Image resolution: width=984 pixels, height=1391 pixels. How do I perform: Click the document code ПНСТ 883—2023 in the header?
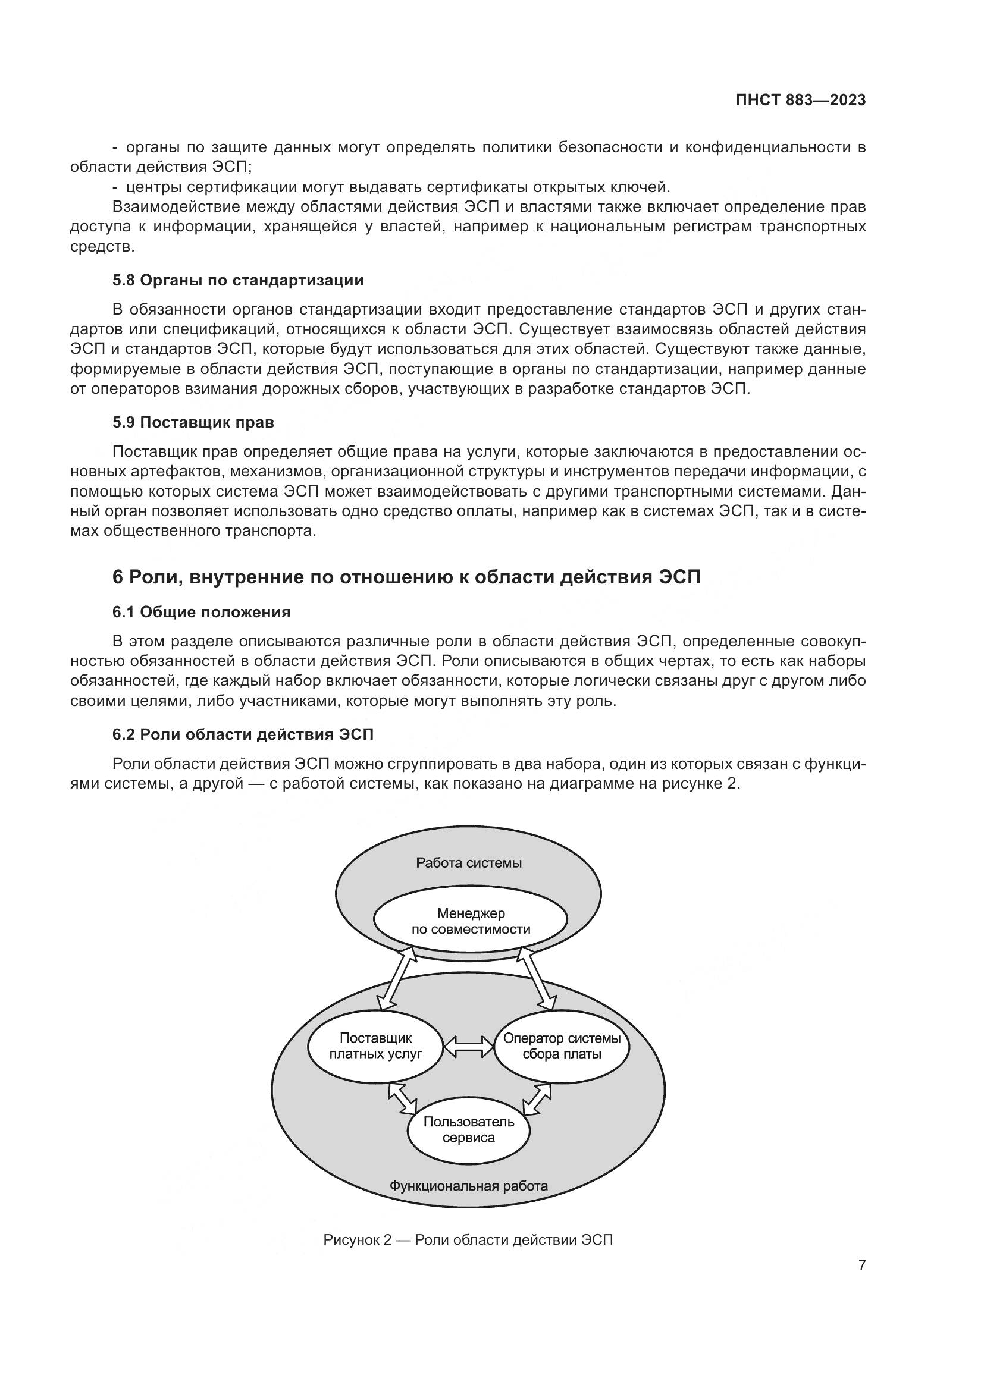(x=800, y=101)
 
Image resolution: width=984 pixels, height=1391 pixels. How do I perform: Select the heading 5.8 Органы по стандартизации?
(x=237, y=281)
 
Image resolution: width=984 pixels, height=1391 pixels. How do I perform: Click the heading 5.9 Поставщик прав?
(x=193, y=422)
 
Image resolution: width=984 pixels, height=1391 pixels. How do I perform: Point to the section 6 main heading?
(x=406, y=577)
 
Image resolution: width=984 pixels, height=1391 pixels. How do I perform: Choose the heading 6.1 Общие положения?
(x=201, y=612)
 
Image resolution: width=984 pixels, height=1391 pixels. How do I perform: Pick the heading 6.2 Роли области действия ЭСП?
(x=242, y=734)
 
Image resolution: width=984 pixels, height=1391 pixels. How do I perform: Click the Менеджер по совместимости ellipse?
(x=470, y=921)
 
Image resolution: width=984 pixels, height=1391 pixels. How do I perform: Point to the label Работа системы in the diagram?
(x=468, y=863)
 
